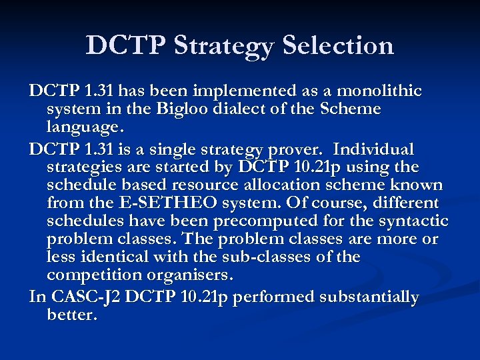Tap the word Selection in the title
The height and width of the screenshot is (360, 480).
coord(338,45)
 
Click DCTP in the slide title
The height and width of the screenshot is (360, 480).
coord(126,45)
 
